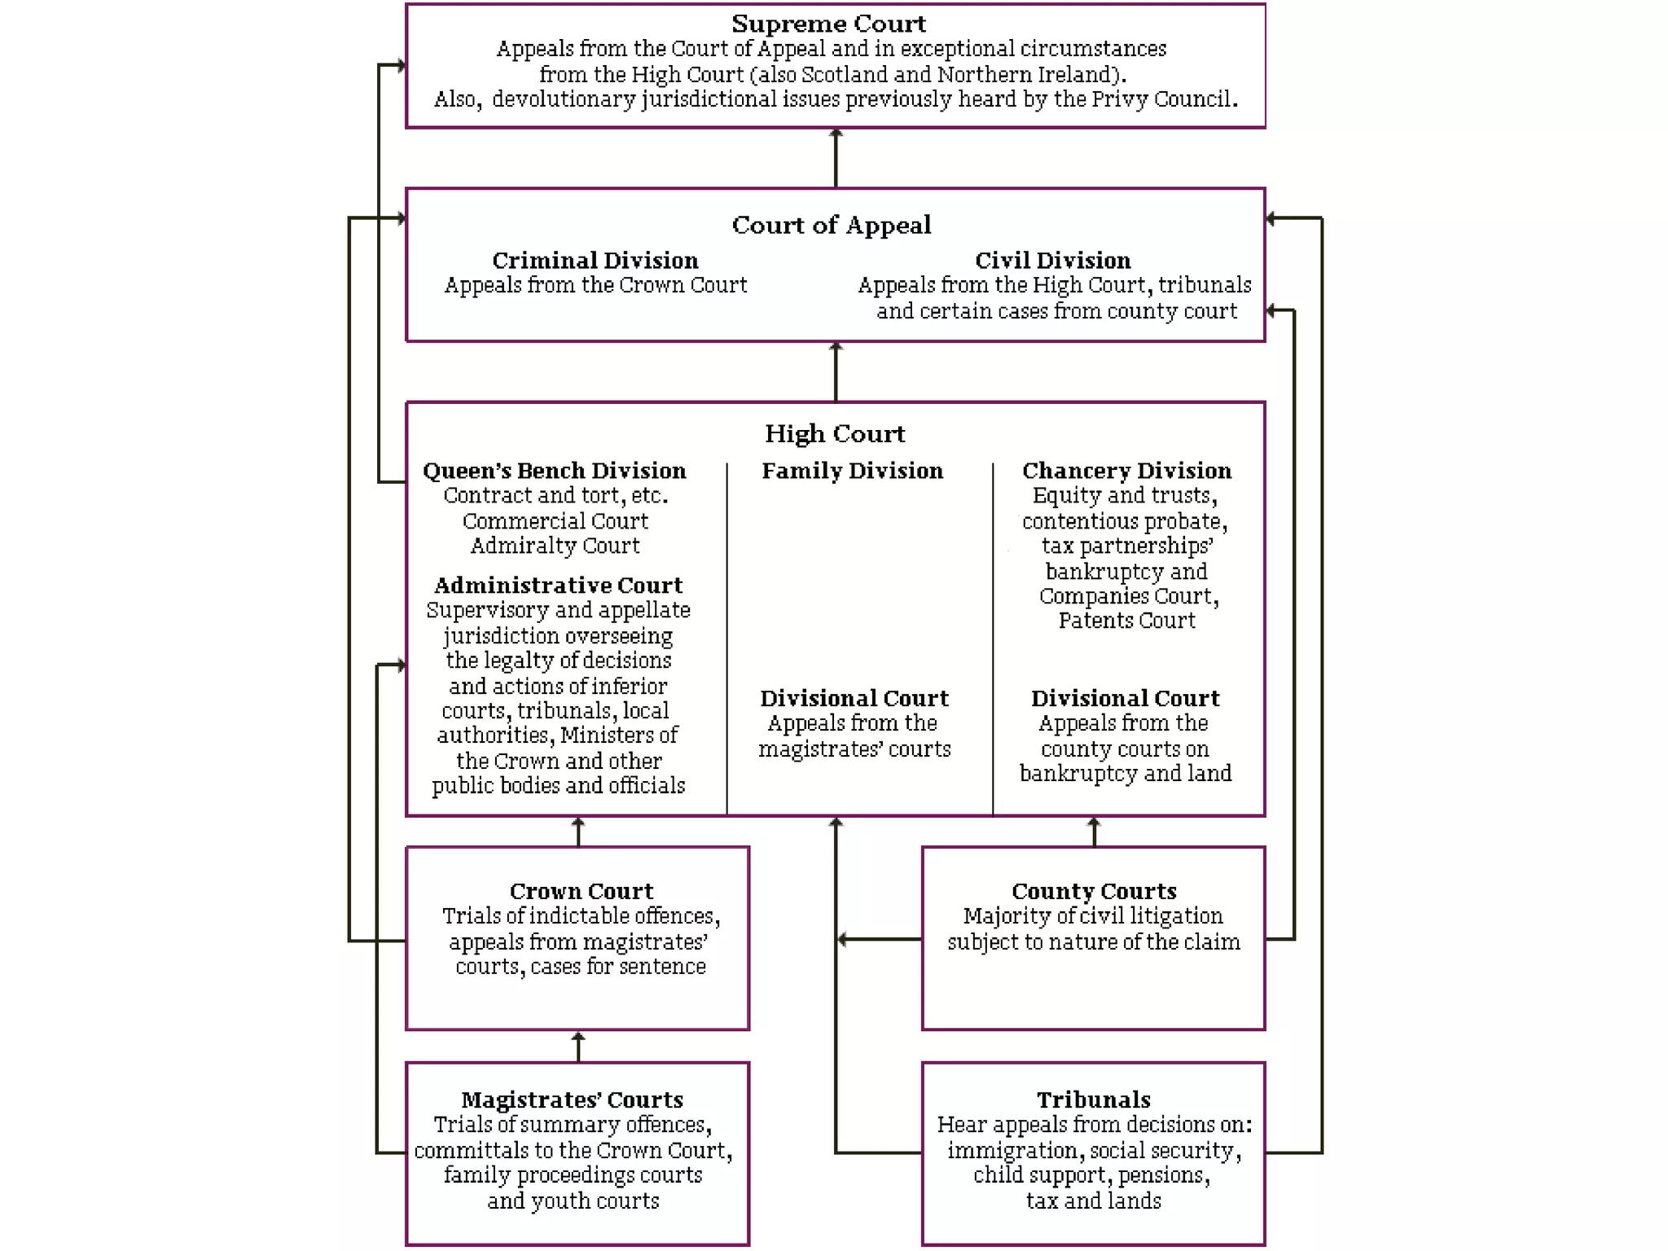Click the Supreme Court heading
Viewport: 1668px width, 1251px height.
click(828, 24)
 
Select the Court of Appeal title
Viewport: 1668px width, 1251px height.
click(831, 225)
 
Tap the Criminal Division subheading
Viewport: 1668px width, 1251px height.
click(595, 261)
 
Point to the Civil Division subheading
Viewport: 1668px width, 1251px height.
click(1052, 261)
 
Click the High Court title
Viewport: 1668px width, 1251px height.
click(835, 433)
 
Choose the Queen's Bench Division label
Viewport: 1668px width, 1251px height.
click(554, 471)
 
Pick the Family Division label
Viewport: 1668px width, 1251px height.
click(852, 471)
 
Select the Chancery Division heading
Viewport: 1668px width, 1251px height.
click(1126, 471)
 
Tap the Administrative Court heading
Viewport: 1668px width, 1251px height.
click(558, 586)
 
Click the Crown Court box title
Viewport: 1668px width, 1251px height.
click(581, 891)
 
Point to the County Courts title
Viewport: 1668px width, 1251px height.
click(1094, 891)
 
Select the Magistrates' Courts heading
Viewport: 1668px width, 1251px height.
click(572, 1100)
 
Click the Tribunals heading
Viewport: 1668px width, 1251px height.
click(1093, 1100)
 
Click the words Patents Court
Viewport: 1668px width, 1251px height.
click(1126, 621)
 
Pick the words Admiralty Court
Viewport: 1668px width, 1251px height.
click(555, 546)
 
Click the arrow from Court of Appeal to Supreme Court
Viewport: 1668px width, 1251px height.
click(836, 158)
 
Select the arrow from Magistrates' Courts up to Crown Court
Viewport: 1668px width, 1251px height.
click(578, 1047)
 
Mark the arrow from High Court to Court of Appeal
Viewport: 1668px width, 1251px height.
click(836, 371)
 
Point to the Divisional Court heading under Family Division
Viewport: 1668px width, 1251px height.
click(854, 699)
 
